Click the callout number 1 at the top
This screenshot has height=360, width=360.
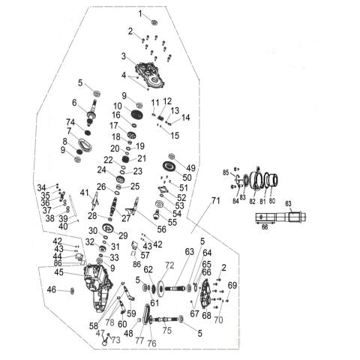(140, 13)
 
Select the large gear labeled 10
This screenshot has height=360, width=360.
(137, 115)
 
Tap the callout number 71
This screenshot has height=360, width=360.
(215, 200)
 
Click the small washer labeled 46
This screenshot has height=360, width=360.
(72, 291)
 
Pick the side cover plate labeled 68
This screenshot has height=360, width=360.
(207, 294)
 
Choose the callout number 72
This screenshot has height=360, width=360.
(169, 265)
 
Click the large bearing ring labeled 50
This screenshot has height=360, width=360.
(169, 166)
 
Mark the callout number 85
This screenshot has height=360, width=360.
(226, 172)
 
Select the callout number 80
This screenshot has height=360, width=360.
(272, 201)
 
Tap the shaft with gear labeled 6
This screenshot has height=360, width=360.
(91, 112)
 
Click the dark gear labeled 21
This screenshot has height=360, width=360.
(126, 159)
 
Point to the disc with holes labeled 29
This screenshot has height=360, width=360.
(108, 228)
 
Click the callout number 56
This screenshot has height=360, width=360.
(161, 229)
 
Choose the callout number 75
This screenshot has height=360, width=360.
(167, 330)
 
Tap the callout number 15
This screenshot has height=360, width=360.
(175, 135)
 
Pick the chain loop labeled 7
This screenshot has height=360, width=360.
(85, 145)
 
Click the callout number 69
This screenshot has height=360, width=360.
(232, 285)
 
